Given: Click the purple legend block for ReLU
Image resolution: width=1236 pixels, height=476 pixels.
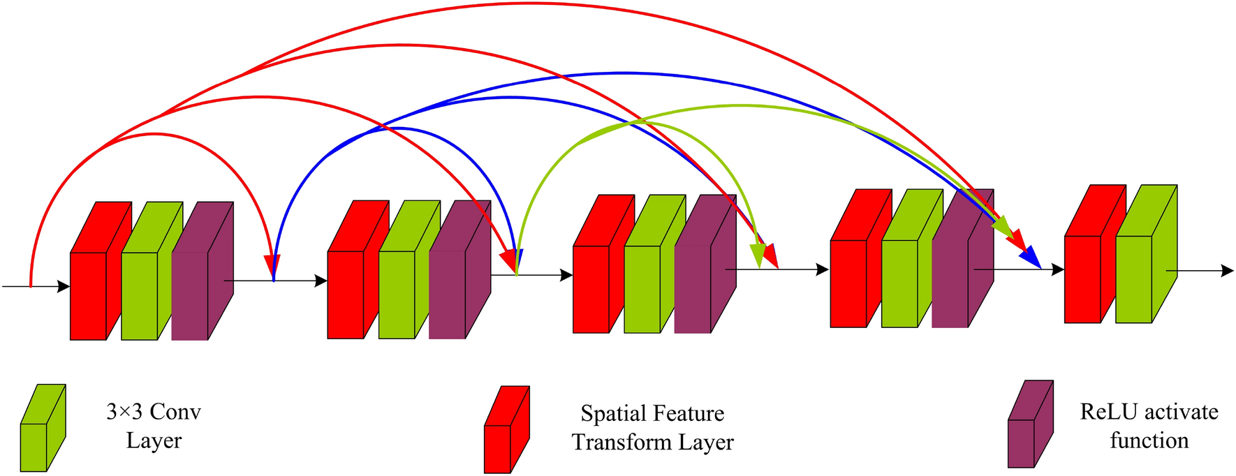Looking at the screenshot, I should [x=1021, y=442].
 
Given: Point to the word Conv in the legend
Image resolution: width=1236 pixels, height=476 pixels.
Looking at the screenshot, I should [x=175, y=412].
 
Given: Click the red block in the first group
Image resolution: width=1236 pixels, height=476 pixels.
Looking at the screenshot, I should [x=89, y=295].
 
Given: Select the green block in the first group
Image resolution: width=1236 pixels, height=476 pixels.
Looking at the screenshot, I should [x=140, y=295].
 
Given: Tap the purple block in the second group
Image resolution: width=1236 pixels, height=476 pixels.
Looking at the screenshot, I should [x=447, y=294].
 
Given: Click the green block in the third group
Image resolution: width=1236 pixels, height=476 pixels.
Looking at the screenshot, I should [x=642, y=288].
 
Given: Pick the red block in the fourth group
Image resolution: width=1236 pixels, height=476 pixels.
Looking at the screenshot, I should [x=848, y=283].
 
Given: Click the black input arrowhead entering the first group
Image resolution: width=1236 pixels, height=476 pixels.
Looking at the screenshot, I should [x=64, y=286].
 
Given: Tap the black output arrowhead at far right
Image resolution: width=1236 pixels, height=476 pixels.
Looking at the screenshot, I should [x=1227, y=270].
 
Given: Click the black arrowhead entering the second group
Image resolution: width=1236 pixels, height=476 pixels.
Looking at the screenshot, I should [x=321, y=281].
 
